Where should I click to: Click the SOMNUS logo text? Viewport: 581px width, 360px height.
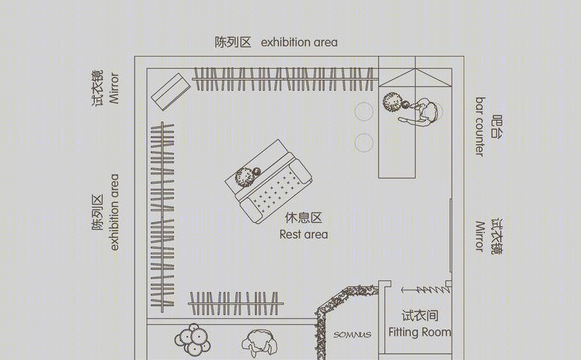click(x=352, y=335)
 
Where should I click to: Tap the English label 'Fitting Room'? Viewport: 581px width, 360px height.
click(x=420, y=332)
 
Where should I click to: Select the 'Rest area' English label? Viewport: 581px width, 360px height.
click(x=304, y=234)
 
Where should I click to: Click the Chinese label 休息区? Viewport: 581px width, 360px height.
click(x=304, y=218)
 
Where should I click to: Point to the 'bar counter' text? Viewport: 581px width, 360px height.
click(x=480, y=127)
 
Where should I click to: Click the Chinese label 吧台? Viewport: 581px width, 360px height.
click(x=497, y=127)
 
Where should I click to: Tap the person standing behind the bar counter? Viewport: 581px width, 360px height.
click(x=420, y=112)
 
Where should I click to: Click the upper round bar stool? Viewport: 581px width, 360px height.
click(x=364, y=112)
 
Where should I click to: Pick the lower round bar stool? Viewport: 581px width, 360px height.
click(x=364, y=142)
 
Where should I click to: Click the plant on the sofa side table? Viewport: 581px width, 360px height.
click(x=246, y=176)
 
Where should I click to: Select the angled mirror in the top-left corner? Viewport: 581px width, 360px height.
click(x=171, y=91)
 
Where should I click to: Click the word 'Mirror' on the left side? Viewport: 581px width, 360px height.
click(x=114, y=88)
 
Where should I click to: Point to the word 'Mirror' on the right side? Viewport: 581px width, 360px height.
click(x=480, y=237)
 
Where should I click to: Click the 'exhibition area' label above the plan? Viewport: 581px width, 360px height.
click(x=299, y=42)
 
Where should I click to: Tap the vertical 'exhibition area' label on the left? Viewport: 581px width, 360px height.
click(x=114, y=212)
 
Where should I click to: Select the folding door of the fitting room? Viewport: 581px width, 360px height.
click(x=426, y=290)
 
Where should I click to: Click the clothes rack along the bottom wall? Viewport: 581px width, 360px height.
click(x=235, y=303)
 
